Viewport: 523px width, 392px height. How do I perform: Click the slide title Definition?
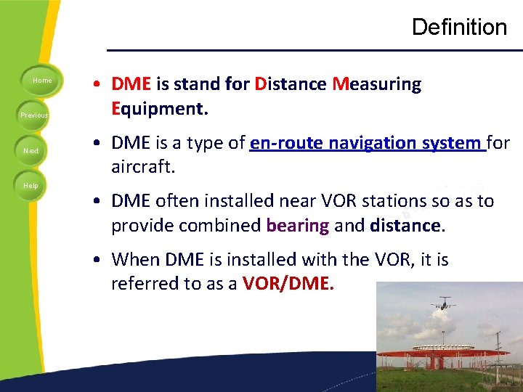click(459, 28)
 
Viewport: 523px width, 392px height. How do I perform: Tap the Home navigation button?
click(42, 81)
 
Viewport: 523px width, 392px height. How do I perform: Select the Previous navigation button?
click(34, 115)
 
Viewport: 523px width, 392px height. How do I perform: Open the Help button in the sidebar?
click(31, 186)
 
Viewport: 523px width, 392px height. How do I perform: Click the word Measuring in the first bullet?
click(376, 84)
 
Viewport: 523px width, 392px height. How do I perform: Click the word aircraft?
click(143, 168)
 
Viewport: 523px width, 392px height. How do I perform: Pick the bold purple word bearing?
click(297, 226)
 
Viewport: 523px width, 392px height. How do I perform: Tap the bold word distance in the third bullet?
click(405, 226)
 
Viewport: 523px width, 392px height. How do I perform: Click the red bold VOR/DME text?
click(288, 284)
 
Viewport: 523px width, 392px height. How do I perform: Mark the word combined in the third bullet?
click(220, 226)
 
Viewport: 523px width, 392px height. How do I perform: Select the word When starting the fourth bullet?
click(136, 259)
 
